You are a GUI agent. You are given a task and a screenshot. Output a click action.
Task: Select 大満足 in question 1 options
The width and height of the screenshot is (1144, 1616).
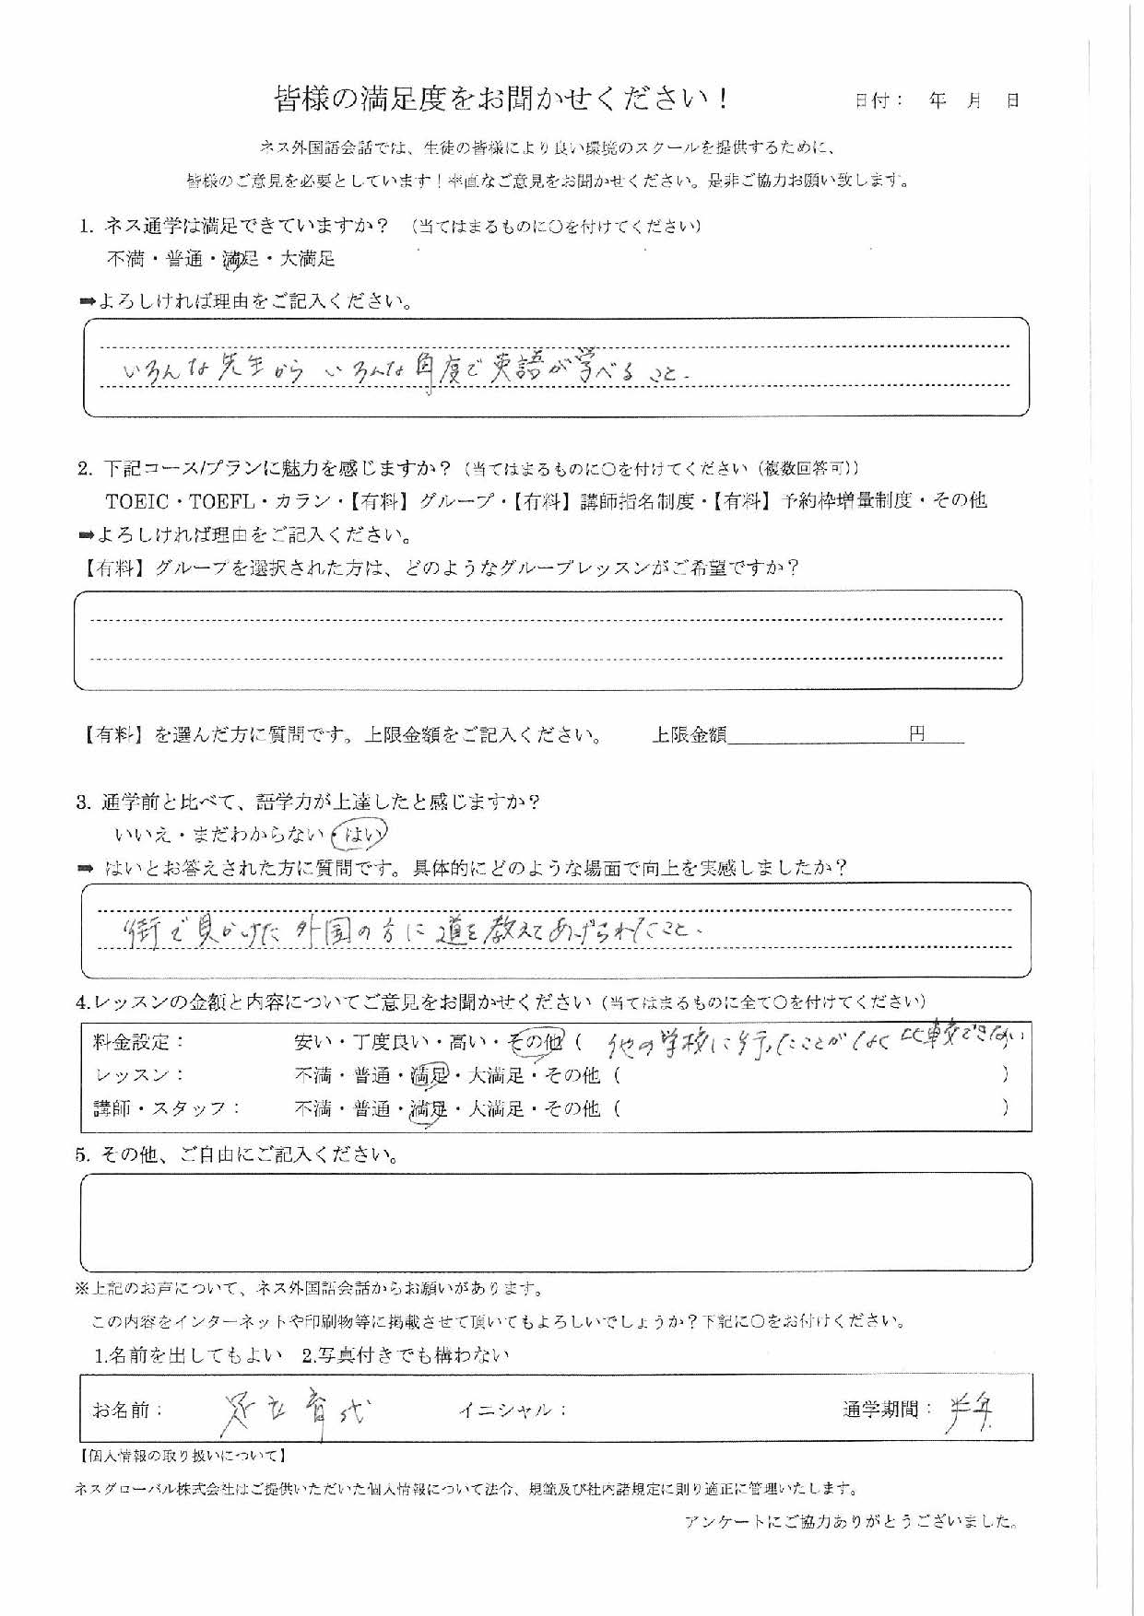(307, 259)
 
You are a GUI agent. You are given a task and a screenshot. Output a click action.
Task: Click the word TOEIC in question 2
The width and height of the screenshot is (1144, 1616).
(138, 501)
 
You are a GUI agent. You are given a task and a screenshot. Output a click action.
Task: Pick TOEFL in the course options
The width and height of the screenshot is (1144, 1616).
(221, 501)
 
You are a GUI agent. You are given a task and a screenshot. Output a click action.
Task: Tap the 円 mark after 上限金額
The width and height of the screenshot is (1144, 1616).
(916, 734)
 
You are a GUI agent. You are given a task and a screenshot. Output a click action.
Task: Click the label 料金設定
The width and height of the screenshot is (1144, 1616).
(139, 1042)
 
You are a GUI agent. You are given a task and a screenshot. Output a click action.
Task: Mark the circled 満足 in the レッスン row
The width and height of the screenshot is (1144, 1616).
(430, 1074)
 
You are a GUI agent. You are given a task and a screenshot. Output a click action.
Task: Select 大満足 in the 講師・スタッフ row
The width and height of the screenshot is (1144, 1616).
(496, 1108)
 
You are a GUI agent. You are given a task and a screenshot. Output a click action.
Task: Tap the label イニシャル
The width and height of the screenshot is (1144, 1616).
(513, 1410)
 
